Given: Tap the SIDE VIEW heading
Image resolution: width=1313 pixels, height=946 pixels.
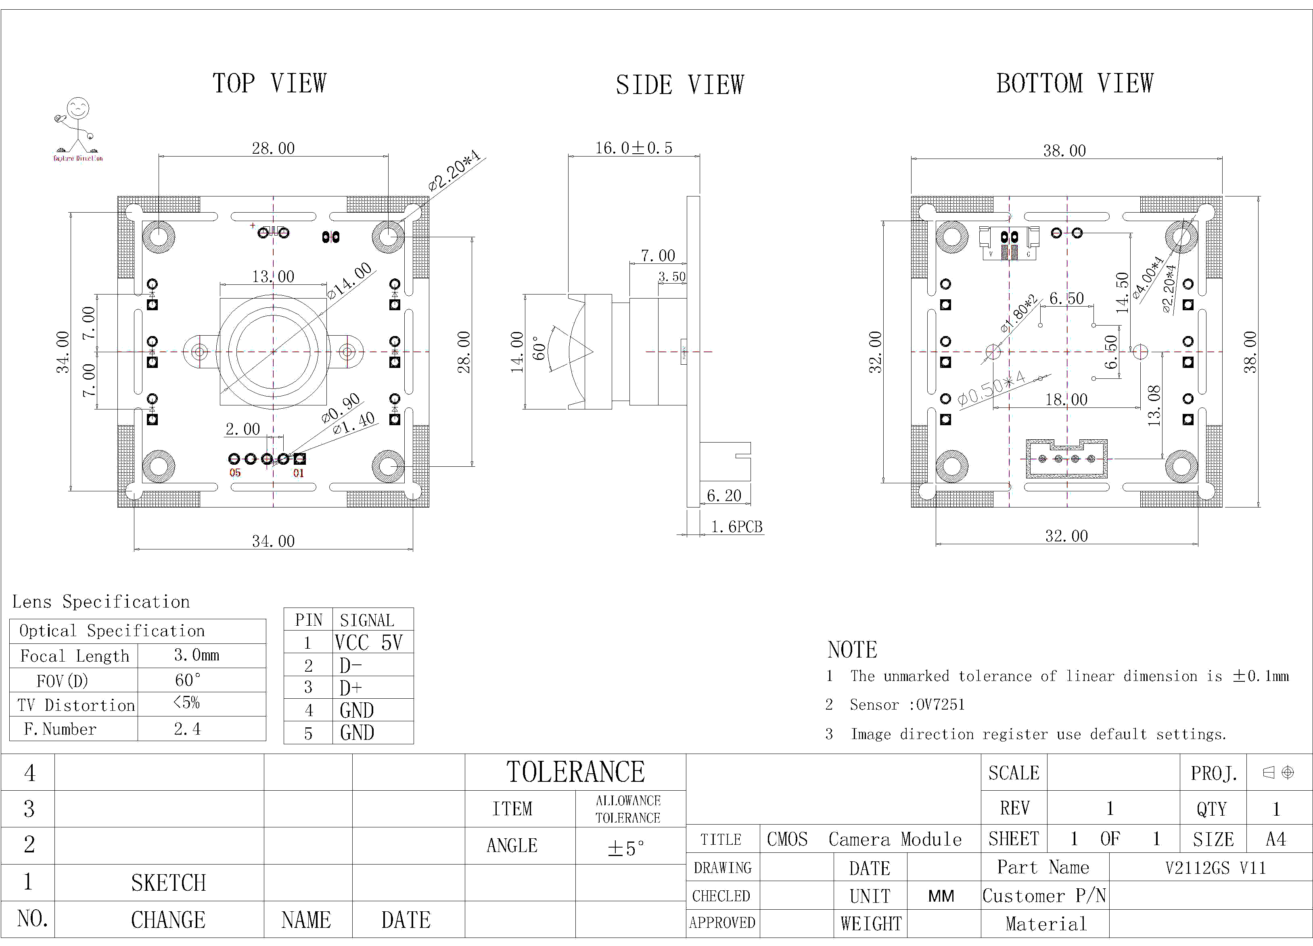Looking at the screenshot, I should [x=679, y=85].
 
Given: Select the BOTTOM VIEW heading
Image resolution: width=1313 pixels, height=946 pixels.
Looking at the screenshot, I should [x=1075, y=84].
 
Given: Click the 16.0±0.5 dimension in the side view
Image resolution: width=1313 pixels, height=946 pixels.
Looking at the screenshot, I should [x=634, y=148].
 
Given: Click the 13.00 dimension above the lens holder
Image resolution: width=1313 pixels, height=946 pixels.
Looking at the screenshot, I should [x=273, y=277].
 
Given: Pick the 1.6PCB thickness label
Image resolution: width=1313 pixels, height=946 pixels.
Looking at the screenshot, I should [x=736, y=527].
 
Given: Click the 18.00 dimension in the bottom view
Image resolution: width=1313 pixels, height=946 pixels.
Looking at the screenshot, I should [x=1066, y=399].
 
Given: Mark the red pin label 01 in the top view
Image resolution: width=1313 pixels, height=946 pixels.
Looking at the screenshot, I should [x=298, y=473].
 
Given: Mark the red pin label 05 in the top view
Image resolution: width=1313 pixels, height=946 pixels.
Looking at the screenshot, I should [x=234, y=473].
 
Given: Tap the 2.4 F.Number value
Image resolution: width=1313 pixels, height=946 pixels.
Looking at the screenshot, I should [x=187, y=729].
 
